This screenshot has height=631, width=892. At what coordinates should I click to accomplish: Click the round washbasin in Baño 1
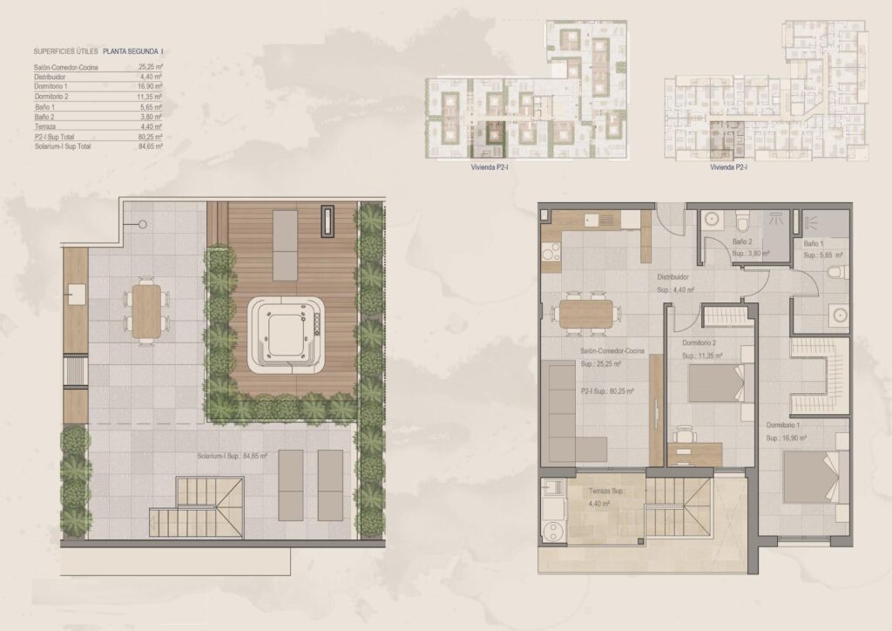(841, 315)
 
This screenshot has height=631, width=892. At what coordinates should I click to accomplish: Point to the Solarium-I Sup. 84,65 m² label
(232, 456)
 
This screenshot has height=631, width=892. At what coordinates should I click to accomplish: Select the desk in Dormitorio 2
(694, 452)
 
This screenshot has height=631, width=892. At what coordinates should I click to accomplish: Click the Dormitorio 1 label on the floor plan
(784, 424)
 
